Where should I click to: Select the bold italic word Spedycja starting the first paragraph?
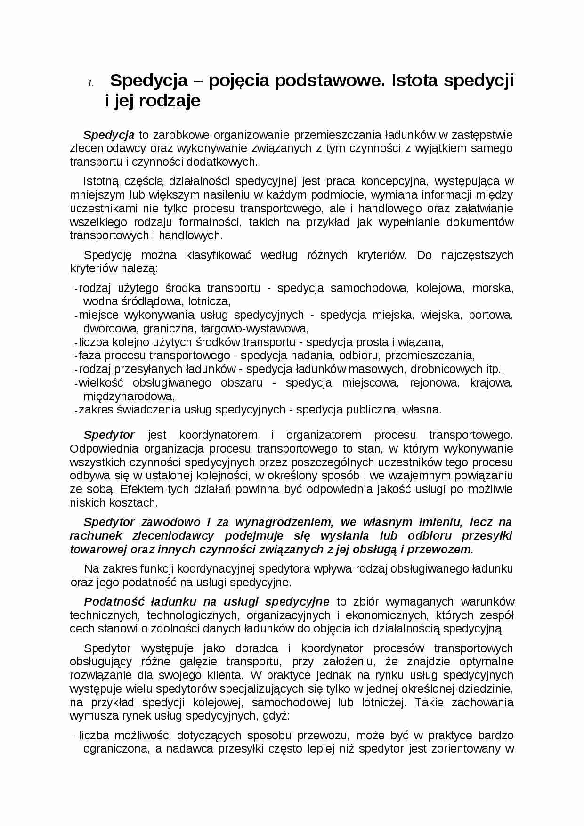click(x=109, y=135)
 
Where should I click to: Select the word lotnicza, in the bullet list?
click(x=209, y=301)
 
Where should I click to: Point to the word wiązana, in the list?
click(x=424, y=342)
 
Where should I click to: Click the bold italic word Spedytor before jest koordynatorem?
click(x=109, y=435)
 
